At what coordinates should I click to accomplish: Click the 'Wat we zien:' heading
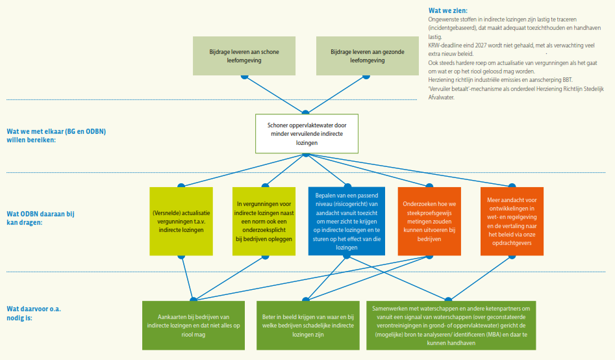447,10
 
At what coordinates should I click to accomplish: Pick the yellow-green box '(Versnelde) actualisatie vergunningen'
181,221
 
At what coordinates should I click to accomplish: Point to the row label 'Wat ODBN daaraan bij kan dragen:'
39,218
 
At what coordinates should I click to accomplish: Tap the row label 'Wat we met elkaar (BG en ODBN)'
56,131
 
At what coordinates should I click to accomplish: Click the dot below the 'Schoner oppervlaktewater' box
307,154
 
